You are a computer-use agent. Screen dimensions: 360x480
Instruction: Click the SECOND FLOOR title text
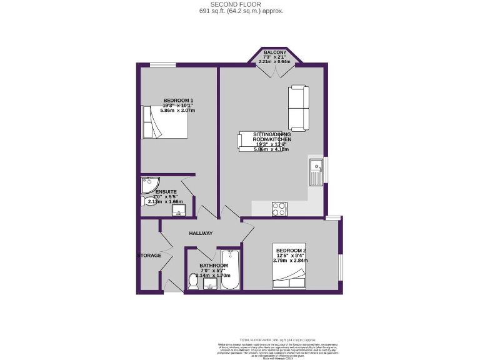pyautogui.click(x=241, y=4)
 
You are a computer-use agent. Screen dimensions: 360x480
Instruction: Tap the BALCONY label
pyautogui.click(x=275, y=53)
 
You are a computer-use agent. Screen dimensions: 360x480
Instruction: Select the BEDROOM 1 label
pyautogui.click(x=178, y=101)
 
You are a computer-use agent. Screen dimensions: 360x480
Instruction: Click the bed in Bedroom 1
pyautogui.click(x=165, y=122)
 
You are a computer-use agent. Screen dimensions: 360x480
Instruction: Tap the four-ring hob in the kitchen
pyautogui.click(x=279, y=209)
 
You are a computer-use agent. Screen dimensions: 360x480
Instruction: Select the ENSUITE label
pyautogui.click(x=166, y=191)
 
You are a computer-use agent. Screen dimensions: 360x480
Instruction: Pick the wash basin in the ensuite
pyautogui.click(x=181, y=211)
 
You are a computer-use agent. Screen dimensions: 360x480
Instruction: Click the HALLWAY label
pyautogui.click(x=201, y=233)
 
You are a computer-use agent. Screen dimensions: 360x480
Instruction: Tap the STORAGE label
pyautogui.click(x=150, y=255)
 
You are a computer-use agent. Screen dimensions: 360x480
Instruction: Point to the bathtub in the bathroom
pyautogui.click(x=229, y=271)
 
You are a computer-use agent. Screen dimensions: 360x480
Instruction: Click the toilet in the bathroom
pyautogui.click(x=193, y=283)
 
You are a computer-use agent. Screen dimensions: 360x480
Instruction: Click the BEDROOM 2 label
pyautogui.click(x=291, y=251)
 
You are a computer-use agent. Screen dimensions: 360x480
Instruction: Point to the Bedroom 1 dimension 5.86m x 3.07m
pyautogui.click(x=178, y=111)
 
